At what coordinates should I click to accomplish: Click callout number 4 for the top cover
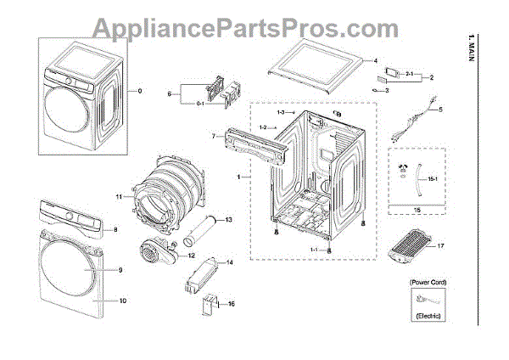click(x=372, y=61)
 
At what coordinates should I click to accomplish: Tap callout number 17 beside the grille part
click(x=441, y=246)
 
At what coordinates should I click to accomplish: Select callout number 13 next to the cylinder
click(x=228, y=220)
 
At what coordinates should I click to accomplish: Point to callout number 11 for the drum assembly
click(x=120, y=197)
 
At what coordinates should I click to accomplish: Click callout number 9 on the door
click(x=120, y=270)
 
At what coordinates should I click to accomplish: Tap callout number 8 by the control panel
click(x=116, y=230)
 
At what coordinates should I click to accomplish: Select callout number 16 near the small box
click(x=231, y=302)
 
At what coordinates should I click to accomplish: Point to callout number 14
click(x=228, y=264)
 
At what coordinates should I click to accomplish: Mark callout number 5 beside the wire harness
click(x=440, y=109)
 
